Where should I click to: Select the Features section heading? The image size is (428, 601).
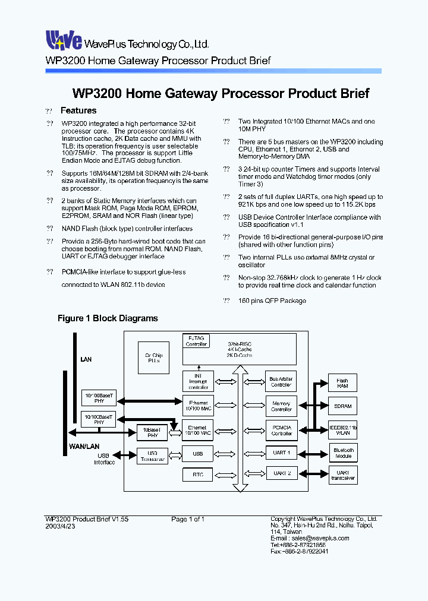pos(78,110)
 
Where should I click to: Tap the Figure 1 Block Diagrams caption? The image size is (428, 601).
pos(108,318)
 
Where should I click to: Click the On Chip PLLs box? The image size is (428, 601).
pos(153,358)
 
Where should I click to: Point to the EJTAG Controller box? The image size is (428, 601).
pos(196,341)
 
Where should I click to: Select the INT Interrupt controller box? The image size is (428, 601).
pos(198,381)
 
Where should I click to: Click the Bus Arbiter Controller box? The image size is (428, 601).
pos(281,381)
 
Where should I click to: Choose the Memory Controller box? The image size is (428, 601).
pos(281,406)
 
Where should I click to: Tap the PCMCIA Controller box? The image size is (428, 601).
pos(281,430)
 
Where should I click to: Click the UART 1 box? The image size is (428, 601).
pos(281,453)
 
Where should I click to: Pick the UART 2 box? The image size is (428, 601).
pos(281,473)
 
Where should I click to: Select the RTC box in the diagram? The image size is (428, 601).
pos(198,475)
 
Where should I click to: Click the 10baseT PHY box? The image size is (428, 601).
pos(153,432)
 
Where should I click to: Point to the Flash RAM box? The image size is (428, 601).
pos(343,383)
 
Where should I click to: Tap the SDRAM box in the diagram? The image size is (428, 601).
pos(343,407)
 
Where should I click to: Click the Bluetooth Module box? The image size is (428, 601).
pos(343,453)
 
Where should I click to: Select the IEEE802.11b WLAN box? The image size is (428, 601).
pos(343,431)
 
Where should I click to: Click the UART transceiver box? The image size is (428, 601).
pos(343,475)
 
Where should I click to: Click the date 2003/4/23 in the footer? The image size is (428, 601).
pos(59,527)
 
